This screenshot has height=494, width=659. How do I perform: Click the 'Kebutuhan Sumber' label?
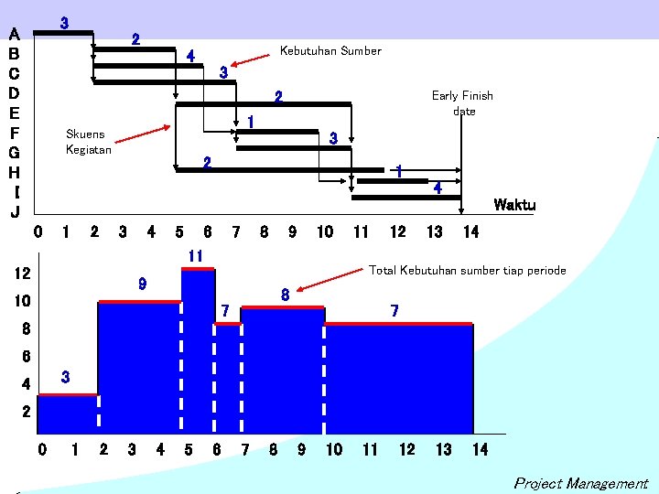pos(329,51)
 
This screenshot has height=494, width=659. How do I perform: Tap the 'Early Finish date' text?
pos(462,103)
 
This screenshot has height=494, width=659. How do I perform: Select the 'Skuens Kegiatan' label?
pos(89,142)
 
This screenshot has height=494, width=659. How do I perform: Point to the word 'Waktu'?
pos(514,205)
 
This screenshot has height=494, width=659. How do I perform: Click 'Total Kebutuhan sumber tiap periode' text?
pos(467,271)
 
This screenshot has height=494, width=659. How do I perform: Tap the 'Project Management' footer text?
pos(580,484)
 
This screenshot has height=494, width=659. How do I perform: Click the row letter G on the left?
pos(14,152)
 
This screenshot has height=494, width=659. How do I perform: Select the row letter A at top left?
pos(14,34)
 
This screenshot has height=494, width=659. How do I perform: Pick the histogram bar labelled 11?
pos(198,348)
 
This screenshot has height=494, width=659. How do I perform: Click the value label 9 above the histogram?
pos(142,285)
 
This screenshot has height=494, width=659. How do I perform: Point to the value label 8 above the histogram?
pos(286,295)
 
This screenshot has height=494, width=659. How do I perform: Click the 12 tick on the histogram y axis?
pos(24,274)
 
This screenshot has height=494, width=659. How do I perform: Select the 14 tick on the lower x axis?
pos(480,449)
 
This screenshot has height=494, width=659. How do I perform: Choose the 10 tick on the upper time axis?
pos(324,232)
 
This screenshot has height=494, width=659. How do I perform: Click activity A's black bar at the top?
pos(63,33)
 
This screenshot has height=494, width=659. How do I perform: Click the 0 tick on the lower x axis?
pos(41,449)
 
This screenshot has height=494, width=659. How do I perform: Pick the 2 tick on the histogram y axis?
pos(26,412)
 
